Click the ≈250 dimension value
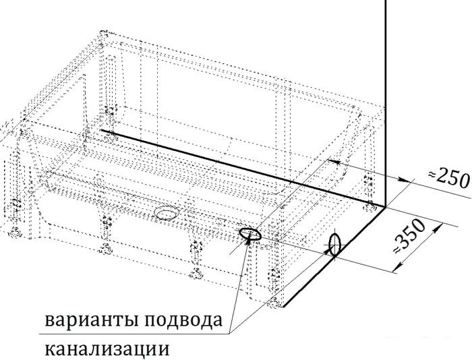(449, 179)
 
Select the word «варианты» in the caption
(92, 321)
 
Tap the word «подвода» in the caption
(183, 321)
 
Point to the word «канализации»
(107, 349)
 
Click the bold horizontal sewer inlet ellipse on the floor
(250, 234)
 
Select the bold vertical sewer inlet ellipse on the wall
(334, 245)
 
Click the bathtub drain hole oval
(167, 213)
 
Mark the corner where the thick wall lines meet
(385, 206)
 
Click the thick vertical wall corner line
(386, 103)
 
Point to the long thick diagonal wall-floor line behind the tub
(243, 169)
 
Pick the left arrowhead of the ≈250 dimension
(334, 162)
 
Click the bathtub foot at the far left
(14, 233)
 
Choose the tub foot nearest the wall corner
(370, 207)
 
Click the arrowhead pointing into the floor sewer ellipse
(249, 239)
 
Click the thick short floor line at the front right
(334, 257)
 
